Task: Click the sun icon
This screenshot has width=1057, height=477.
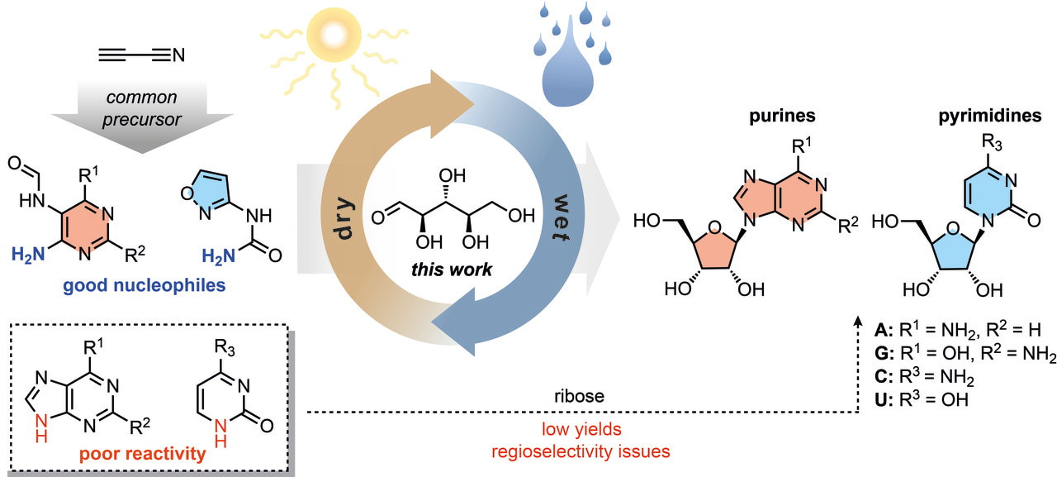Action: point(329,37)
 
